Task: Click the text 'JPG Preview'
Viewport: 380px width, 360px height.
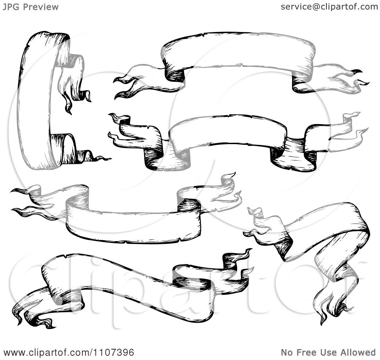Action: tap(31, 7)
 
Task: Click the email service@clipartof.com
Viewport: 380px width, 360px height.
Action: tap(329, 7)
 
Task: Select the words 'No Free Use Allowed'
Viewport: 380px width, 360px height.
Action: tap(328, 352)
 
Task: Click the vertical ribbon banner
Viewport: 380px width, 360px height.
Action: tap(36, 102)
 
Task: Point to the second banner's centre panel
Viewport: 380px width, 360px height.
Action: tap(228, 132)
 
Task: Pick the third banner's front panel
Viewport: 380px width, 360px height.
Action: tap(133, 226)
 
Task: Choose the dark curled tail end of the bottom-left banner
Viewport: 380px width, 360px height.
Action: tap(44, 323)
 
